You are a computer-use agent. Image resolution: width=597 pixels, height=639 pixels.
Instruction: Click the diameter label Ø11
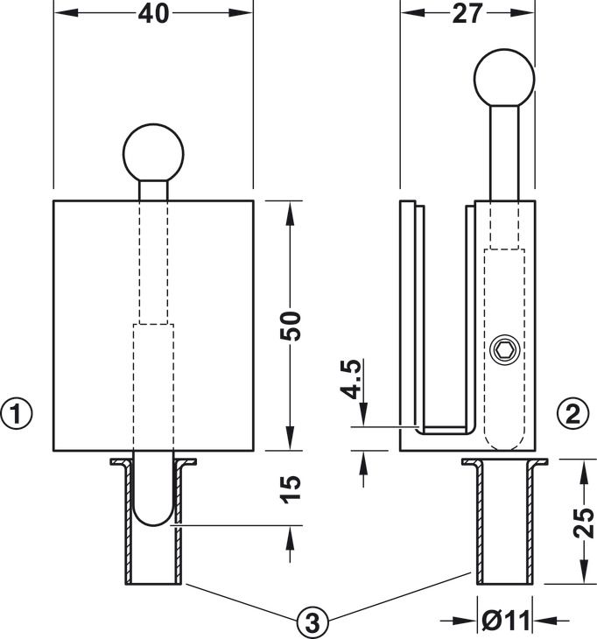pos(505,621)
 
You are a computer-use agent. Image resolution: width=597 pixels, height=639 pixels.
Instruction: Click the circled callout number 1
pos(17,411)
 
